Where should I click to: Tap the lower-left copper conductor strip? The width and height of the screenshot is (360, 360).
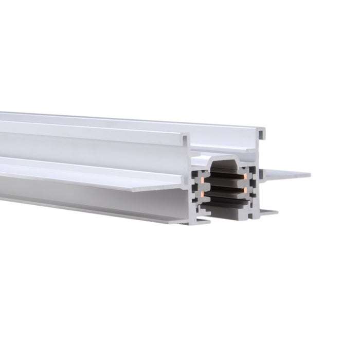click(205, 194)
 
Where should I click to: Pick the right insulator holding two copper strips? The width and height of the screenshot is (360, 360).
click(252, 185)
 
